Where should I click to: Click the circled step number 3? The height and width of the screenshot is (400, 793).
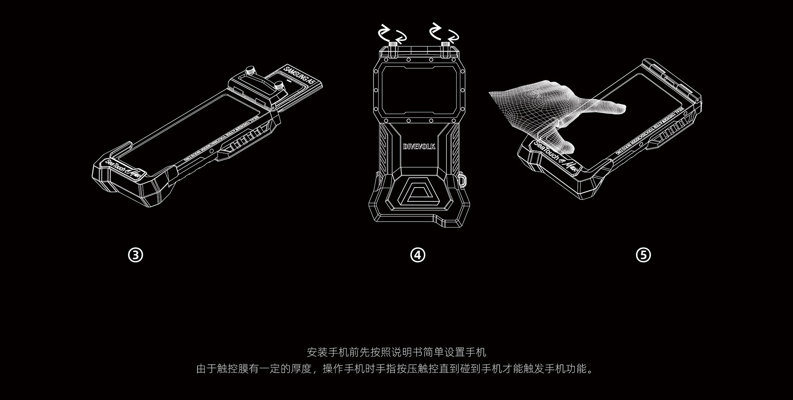click(x=136, y=255)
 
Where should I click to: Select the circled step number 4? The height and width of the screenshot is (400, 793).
click(x=418, y=255)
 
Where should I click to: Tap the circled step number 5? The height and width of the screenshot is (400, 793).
click(x=643, y=255)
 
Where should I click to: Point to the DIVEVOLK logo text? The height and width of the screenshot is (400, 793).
click(x=419, y=146)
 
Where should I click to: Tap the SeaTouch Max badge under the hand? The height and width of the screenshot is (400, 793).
click(x=557, y=158)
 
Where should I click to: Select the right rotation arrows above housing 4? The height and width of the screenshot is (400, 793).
click(x=444, y=33)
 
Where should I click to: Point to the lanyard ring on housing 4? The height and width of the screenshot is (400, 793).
click(x=463, y=179)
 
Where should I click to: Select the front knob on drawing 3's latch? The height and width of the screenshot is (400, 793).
click(x=280, y=85)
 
